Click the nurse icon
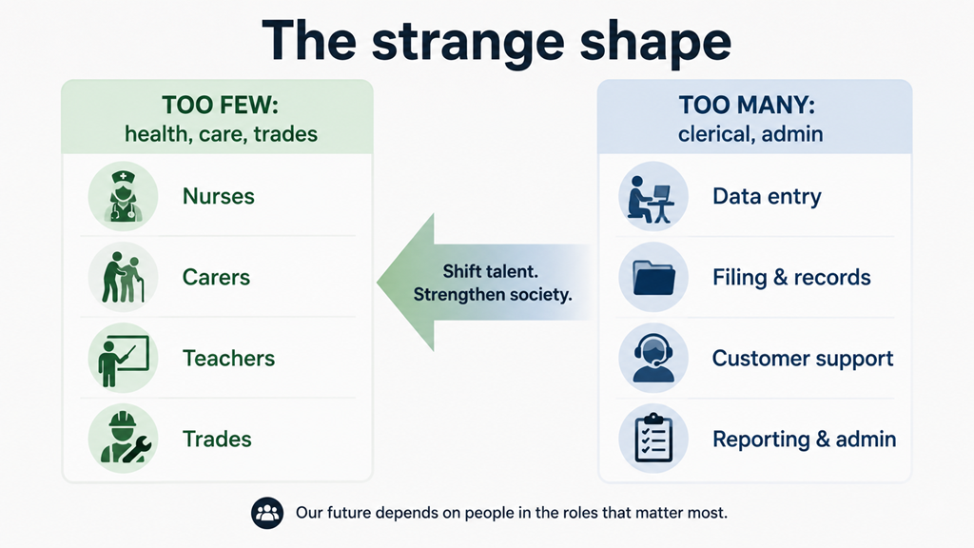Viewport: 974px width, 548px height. coord(123,196)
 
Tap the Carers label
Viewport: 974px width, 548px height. coord(216,277)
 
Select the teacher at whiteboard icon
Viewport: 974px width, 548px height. coord(123,358)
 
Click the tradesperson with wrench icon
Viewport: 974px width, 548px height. coord(123,439)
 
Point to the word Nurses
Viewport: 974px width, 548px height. coord(219,196)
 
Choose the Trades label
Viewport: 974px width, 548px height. coord(217,440)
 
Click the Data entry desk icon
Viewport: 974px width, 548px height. coord(653,196)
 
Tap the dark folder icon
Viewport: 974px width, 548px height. coord(653,277)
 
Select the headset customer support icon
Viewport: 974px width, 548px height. coord(653,358)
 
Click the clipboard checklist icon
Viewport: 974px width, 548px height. coord(653,439)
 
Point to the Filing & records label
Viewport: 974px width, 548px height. coord(791,277)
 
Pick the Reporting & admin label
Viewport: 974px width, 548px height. coord(805,440)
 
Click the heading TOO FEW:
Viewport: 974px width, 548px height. coord(221,105)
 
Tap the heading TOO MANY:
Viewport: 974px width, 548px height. coord(747,105)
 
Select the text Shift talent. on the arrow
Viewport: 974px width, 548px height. coord(490,271)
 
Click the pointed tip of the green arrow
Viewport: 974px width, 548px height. coord(378,283)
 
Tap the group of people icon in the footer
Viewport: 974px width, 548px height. coord(267,513)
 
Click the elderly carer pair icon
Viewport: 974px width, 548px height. coord(123,277)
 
